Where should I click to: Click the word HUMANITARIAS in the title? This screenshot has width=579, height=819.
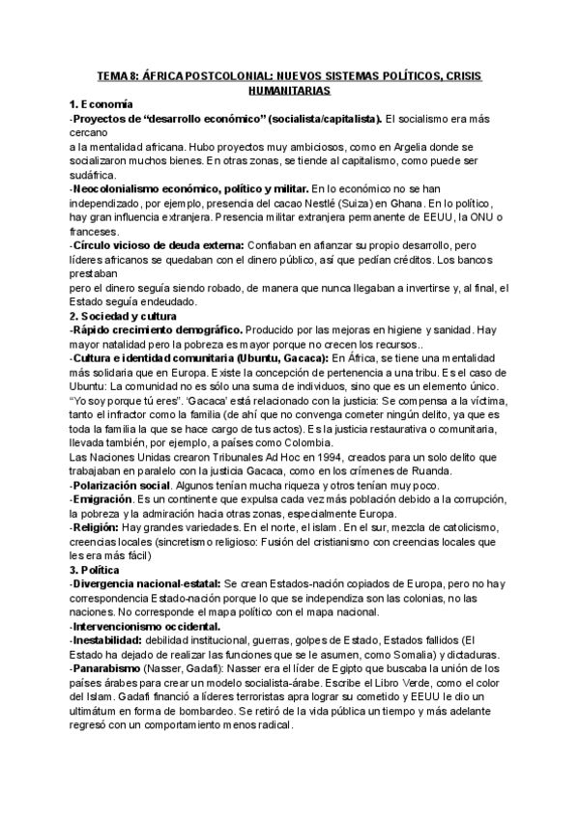(289, 90)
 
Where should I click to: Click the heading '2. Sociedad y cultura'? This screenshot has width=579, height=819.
(123, 316)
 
